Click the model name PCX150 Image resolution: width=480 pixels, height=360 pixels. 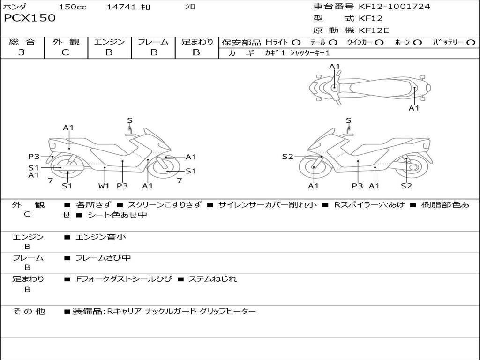click(30, 18)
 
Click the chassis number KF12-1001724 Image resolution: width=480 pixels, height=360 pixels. click(394, 6)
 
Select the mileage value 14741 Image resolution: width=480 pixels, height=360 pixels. click(121, 7)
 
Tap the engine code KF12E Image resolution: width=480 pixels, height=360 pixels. click(374, 30)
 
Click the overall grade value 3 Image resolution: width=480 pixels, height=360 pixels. click(22, 52)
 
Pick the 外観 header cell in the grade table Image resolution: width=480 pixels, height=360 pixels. click(66, 42)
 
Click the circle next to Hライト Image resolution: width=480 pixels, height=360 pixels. click(296, 43)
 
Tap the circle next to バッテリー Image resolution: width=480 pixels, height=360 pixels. click(471, 43)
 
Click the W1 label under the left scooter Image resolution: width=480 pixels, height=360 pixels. click(104, 186)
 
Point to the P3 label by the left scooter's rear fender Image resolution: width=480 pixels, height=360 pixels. click(34, 157)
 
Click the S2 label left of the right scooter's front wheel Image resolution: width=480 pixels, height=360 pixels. click(288, 157)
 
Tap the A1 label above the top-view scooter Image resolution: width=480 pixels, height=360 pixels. click(335, 67)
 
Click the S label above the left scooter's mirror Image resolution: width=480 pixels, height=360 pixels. click(130, 120)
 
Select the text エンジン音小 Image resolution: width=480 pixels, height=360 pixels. click(100, 237)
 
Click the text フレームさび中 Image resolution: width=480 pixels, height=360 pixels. click(103, 258)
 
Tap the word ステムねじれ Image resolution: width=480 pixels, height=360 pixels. click(212, 279)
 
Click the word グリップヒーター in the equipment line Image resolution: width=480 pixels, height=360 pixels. click(228, 311)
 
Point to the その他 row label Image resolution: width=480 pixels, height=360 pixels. click(29, 311)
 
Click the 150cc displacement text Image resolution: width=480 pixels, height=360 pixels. click(73, 7)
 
